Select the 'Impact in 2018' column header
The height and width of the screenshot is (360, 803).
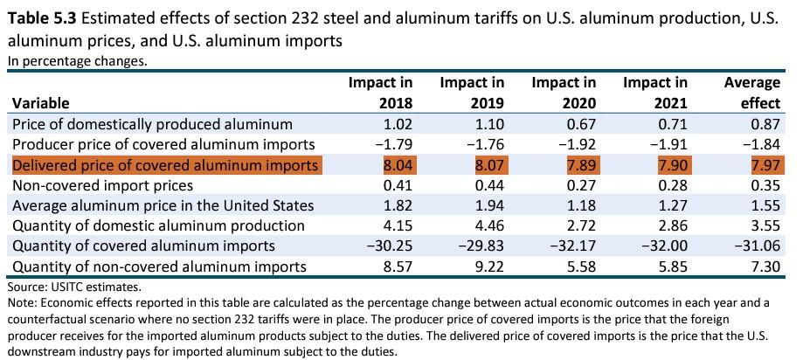coord(380,92)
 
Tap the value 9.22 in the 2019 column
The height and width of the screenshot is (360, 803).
coord(488,267)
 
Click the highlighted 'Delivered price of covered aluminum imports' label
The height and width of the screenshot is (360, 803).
coord(165,166)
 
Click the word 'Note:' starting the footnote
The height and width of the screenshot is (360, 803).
coord(22,302)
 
